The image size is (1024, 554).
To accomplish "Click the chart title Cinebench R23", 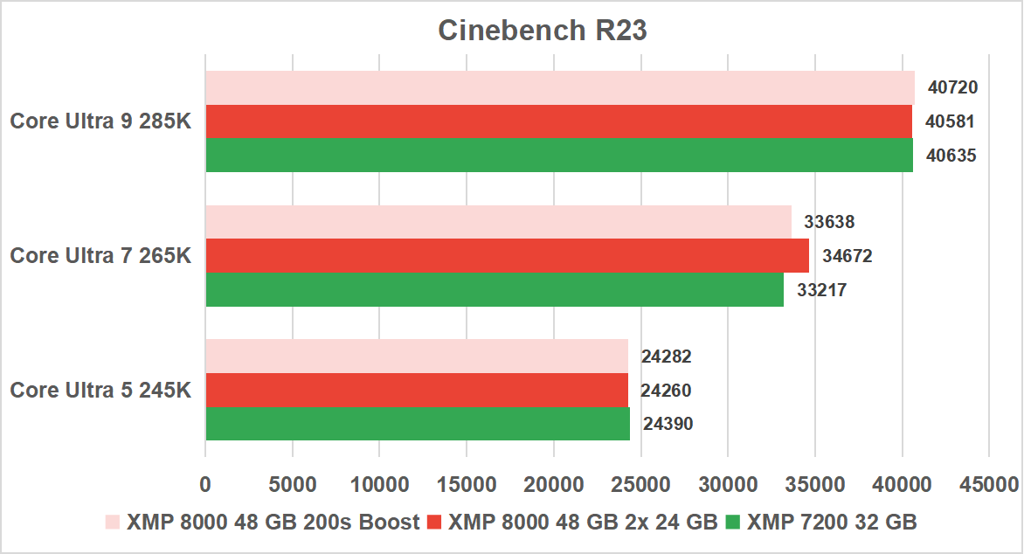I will tap(542, 31).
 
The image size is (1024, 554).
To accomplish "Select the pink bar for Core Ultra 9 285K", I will tap(559, 87).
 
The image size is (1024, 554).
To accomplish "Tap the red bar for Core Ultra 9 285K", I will tap(559, 121).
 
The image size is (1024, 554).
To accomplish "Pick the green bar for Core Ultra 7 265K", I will tap(494, 289).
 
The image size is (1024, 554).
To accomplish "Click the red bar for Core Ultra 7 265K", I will tap(507, 256).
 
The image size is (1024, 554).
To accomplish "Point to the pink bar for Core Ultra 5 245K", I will tap(417, 356).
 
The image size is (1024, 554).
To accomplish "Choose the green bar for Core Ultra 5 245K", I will tap(417, 424).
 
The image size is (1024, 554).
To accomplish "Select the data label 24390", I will tap(668, 424).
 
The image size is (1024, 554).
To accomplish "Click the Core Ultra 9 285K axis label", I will tap(100, 121).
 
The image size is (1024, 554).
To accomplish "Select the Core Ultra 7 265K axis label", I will tap(100, 256).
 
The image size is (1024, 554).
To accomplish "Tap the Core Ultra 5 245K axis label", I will tap(100, 390).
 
